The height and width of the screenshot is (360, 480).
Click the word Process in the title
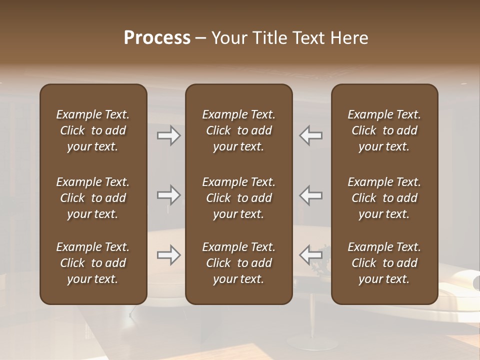click(x=157, y=38)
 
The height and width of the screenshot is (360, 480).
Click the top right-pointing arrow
click(x=169, y=135)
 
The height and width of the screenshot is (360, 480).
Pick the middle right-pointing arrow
click(x=169, y=195)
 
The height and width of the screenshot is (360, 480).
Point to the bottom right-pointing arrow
click(x=169, y=255)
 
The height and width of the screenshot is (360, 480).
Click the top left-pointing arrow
click(x=311, y=135)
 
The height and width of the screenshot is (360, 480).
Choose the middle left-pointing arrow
click(x=311, y=195)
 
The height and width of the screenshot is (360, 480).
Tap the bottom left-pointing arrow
click(x=311, y=255)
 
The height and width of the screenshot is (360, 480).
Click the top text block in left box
click(x=93, y=130)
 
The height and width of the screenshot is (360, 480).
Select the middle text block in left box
click(x=93, y=198)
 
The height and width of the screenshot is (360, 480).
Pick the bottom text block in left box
click(x=93, y=263)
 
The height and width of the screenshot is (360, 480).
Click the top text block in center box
click(x=239, y=130)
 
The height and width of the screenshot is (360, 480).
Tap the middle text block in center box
click(x=239, y=198)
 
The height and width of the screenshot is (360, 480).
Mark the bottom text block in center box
click(x=239, y=263)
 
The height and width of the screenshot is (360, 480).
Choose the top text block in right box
click(x=384, y=130)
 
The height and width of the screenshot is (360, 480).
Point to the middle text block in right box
click(x=384, y=198)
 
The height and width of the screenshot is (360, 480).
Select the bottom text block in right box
click(x=384, y=263)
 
